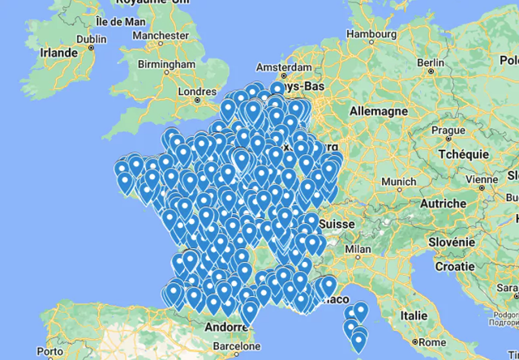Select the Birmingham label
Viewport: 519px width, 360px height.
tap(166, 65)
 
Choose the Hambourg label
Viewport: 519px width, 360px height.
tap(372, 33)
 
